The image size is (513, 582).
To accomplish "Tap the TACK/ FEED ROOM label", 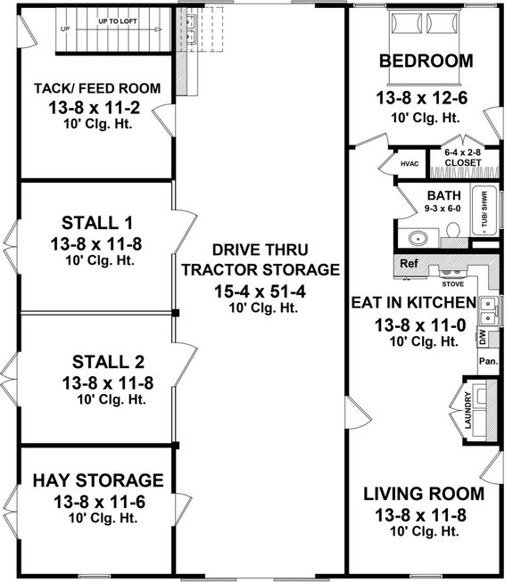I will point(97,88).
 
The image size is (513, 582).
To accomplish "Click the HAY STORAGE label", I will point(97,481).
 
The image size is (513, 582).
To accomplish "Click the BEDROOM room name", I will point(426,61).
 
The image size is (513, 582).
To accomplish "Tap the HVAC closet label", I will point(410,164).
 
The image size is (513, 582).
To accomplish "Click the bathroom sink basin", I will point(417,238).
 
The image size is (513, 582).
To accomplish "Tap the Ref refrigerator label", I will point(409,264).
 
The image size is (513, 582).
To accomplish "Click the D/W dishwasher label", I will point(482,337).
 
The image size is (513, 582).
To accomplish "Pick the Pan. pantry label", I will point(487,361).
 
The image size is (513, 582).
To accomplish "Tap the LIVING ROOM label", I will point(424,493).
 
